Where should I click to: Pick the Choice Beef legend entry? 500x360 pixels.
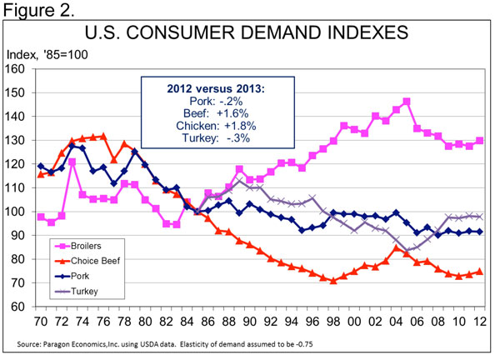point(100,262)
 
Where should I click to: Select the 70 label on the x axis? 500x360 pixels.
point(41,320)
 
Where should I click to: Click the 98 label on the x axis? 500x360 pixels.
point(333,320)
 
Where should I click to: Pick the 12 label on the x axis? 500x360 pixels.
point(480,320)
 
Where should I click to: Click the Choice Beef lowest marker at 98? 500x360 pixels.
point(333,281)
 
